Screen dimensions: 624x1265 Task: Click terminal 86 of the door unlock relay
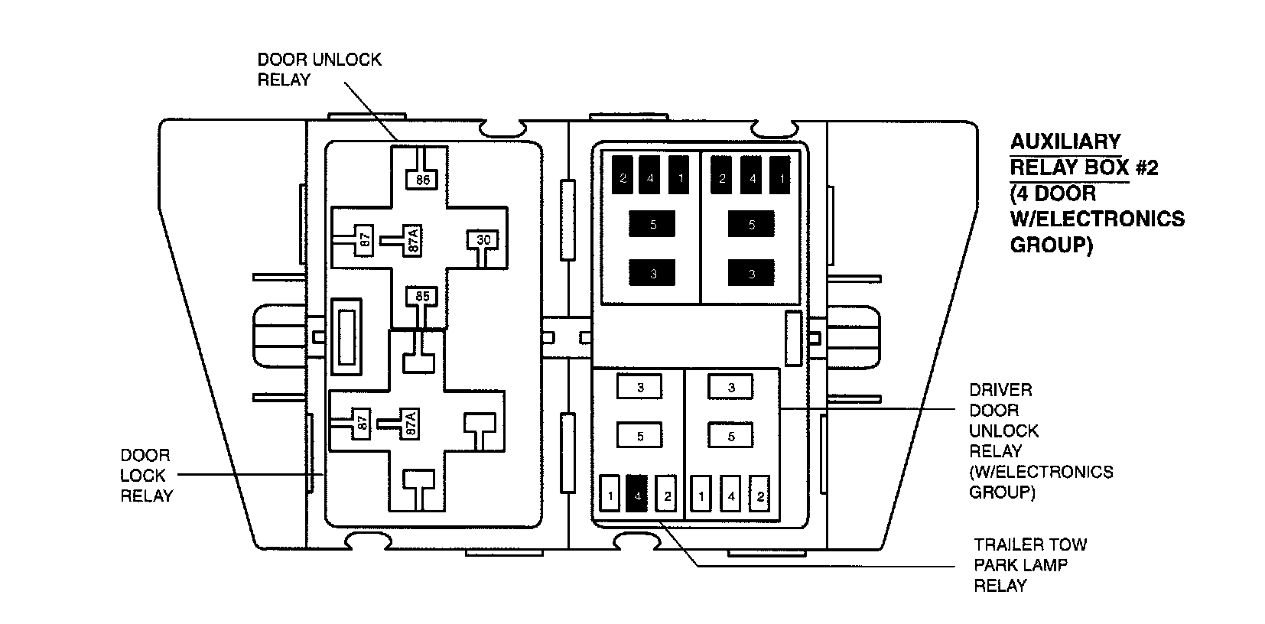(x=423, y=180)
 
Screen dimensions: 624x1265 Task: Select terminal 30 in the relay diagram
(x=483, y=240)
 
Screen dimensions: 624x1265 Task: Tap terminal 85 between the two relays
(x=422, y=295)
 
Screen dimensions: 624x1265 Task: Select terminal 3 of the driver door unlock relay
(x=730, y=388)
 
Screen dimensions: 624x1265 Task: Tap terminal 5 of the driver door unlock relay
(x=730, y=436)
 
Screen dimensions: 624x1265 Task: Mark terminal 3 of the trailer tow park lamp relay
(x=640, y=388)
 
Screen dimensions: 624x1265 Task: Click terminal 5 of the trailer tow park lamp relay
(x=640, y=436)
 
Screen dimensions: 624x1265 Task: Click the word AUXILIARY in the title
(x=1065, y=141)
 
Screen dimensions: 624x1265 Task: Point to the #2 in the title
(x=1146, y=167)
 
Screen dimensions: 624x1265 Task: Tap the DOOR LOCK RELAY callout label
(x=146, y=475)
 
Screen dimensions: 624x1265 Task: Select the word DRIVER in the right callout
(x=1000, y=390)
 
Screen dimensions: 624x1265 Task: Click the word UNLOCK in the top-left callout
(x=346, y=60)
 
